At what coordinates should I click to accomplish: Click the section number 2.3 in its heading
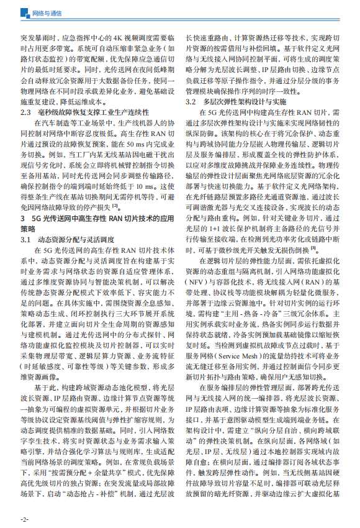[26, 112]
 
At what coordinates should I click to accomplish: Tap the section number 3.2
[193, 101]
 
